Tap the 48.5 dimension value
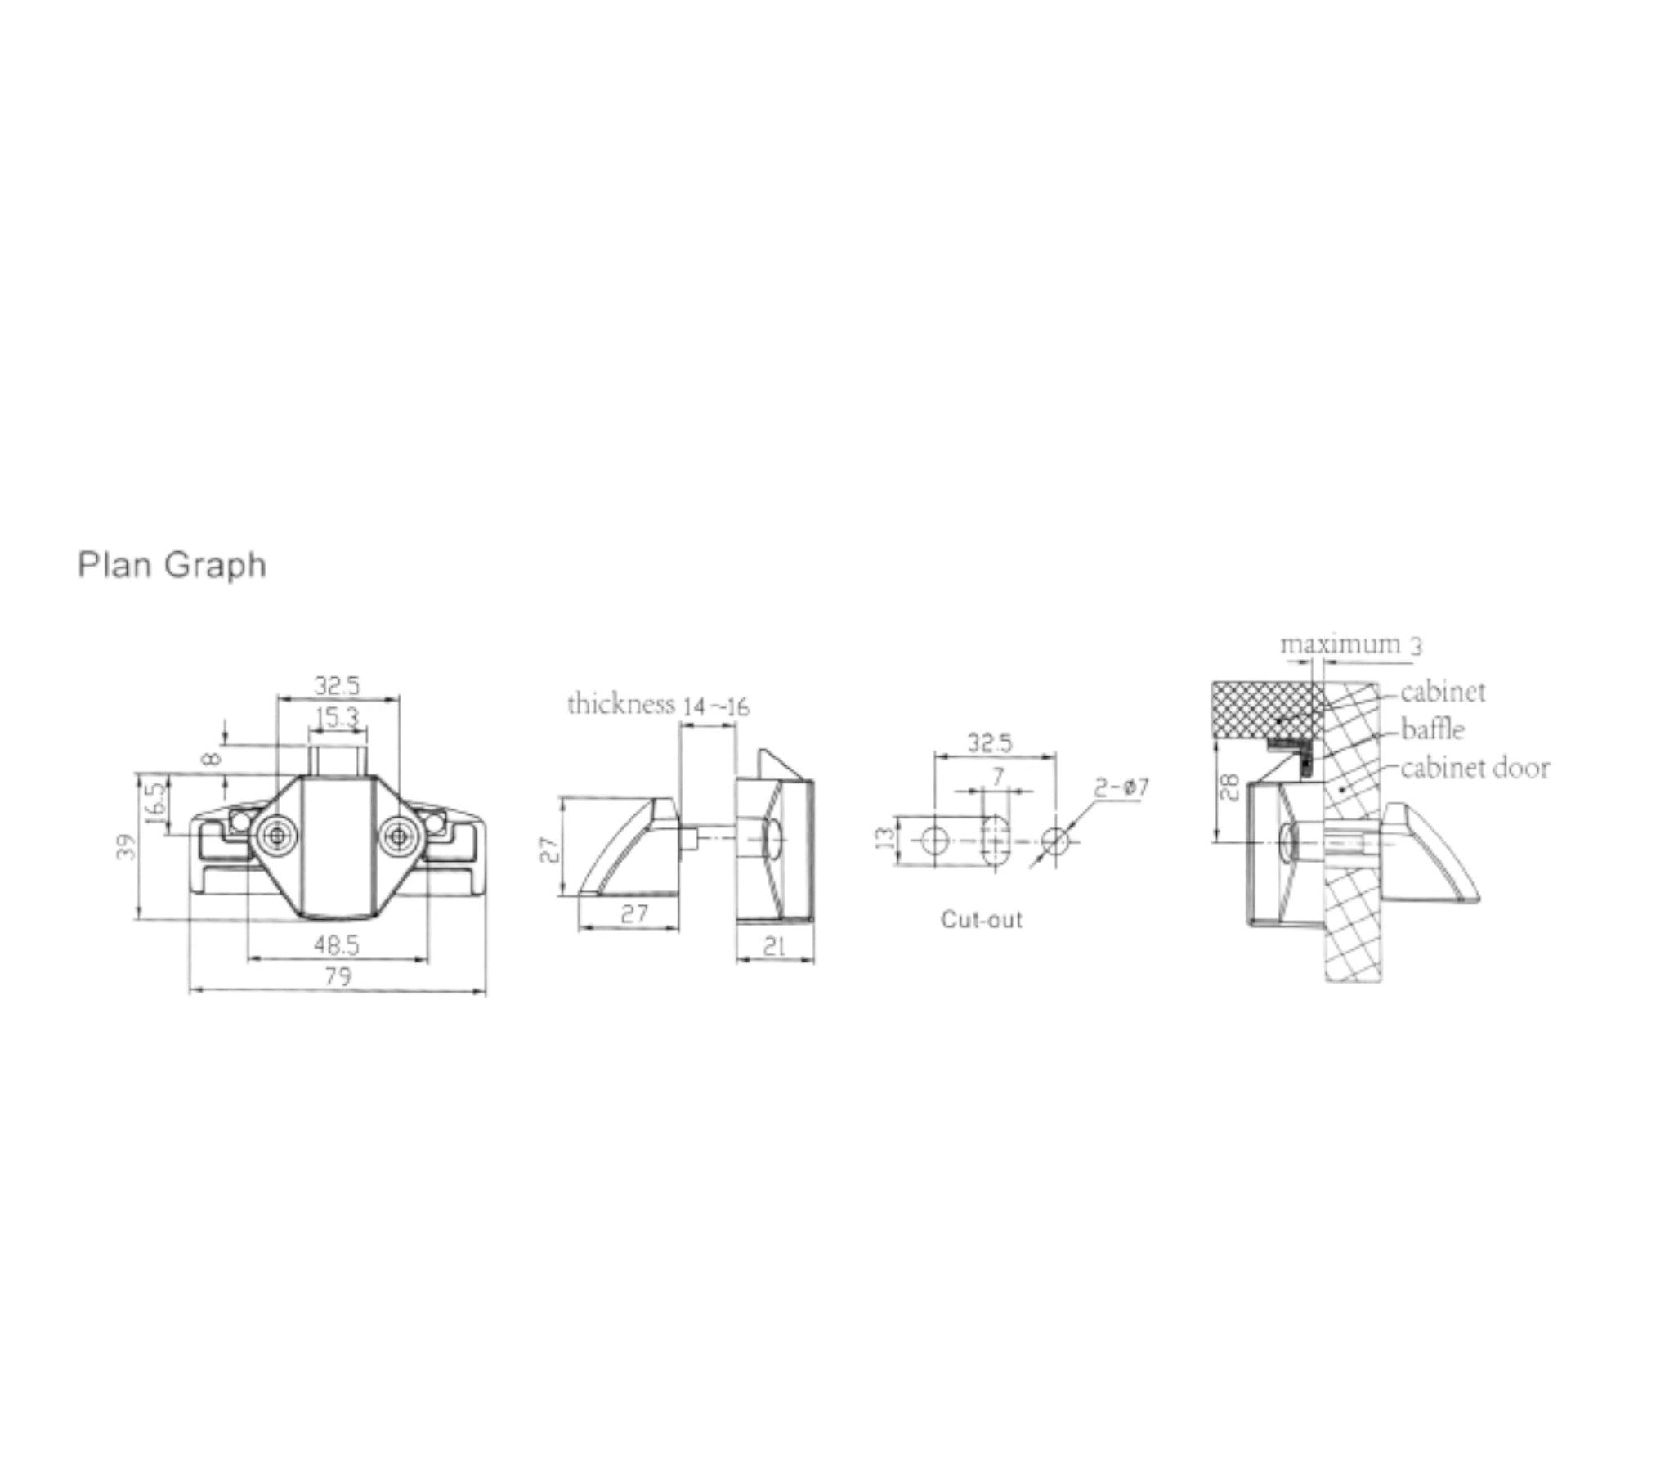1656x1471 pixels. click(x=337, y=946)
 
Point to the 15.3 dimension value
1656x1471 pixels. click(x=337, y=718)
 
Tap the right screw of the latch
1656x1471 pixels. click(x=398, y=835)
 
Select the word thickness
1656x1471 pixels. click(x=621, y=704)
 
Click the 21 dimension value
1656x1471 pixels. click(x=773, y=947)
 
